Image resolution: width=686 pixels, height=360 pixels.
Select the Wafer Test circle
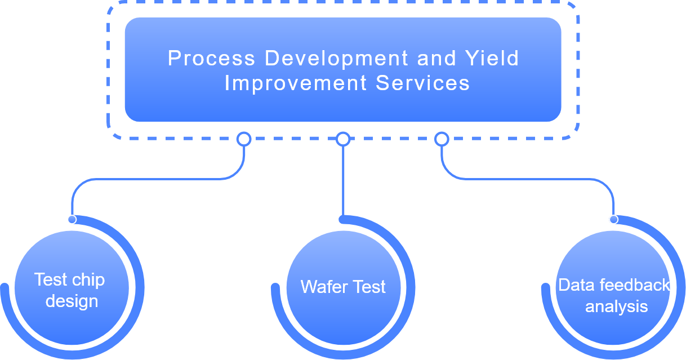point(343,287)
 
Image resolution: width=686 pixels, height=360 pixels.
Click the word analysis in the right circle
point(616,306)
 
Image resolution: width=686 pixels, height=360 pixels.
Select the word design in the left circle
point(72,301)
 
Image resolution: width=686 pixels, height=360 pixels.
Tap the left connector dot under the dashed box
point(243,139)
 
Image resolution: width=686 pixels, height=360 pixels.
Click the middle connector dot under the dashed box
point(343,139)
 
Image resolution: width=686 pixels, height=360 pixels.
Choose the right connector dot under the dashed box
point(442,139)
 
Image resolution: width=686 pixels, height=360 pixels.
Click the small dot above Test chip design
point(72,219)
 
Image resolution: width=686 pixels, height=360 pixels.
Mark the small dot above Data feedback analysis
point(613,219)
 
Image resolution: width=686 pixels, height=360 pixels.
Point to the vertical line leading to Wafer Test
point(343,180)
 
